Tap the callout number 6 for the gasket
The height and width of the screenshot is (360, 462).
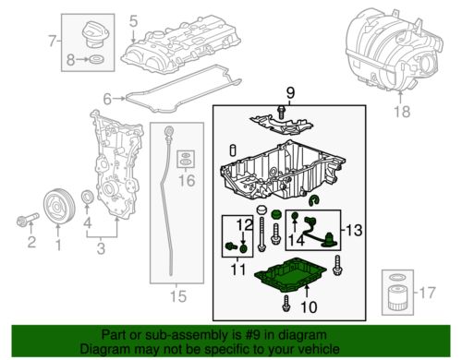107,98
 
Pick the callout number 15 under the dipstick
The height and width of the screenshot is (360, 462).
176,296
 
